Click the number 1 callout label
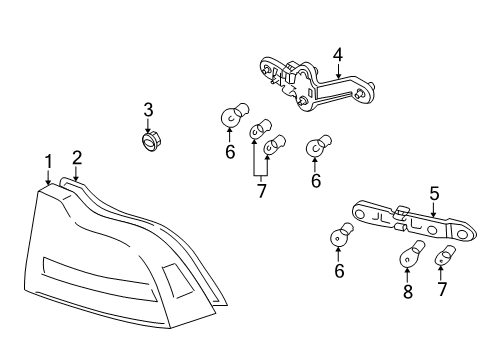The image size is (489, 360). coord(46,162)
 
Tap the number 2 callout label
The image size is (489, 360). coord(76,157)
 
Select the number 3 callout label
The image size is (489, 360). coord(147,109)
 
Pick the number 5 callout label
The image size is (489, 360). coord(434,193)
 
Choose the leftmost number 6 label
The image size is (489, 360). coord(229,151)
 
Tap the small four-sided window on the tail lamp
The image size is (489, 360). coord(178,283)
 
